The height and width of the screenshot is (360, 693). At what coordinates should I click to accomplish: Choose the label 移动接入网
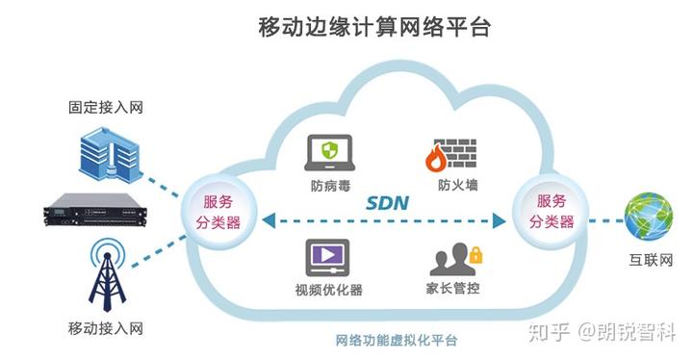point(106,328)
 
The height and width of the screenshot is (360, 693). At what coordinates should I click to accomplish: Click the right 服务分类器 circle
point(551,213)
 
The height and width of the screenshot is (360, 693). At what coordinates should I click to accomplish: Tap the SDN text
point(387,203)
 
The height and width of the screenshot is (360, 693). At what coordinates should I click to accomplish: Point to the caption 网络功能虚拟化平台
point(397,342)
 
